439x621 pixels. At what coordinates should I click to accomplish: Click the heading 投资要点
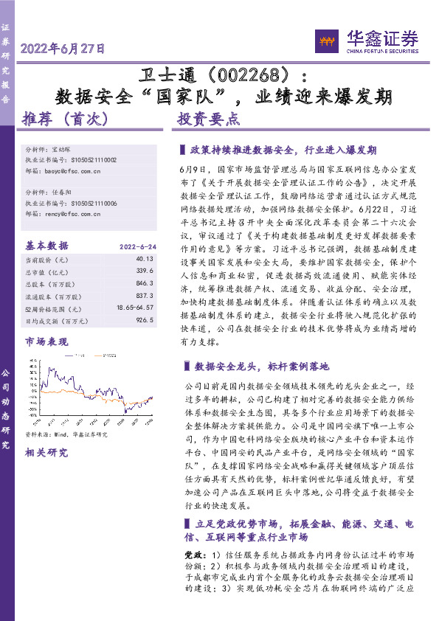[x=208, y=117]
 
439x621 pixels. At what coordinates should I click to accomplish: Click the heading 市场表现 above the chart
[x=46, y=342]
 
